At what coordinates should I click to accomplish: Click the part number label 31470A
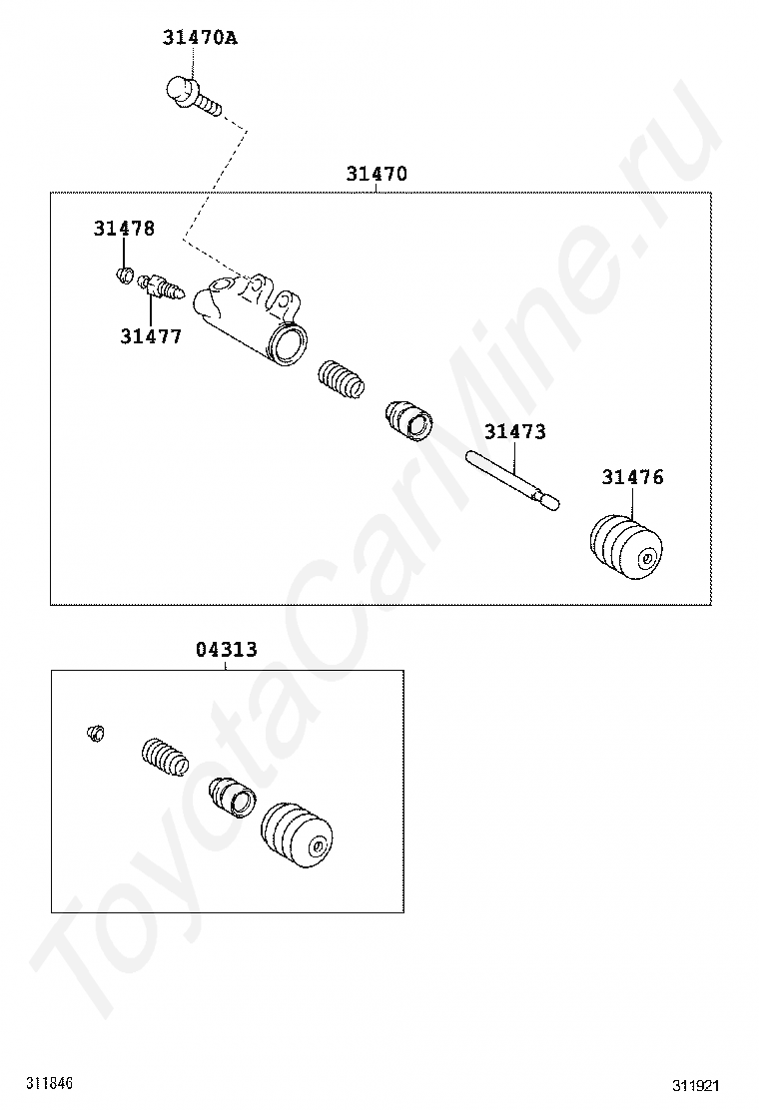200,38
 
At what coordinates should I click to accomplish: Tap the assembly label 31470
377,174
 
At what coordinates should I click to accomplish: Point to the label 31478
124,229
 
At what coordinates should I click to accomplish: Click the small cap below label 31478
125,274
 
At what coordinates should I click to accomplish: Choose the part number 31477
151,337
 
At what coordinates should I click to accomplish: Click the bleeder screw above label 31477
161,286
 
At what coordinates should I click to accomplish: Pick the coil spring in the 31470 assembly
342,380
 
